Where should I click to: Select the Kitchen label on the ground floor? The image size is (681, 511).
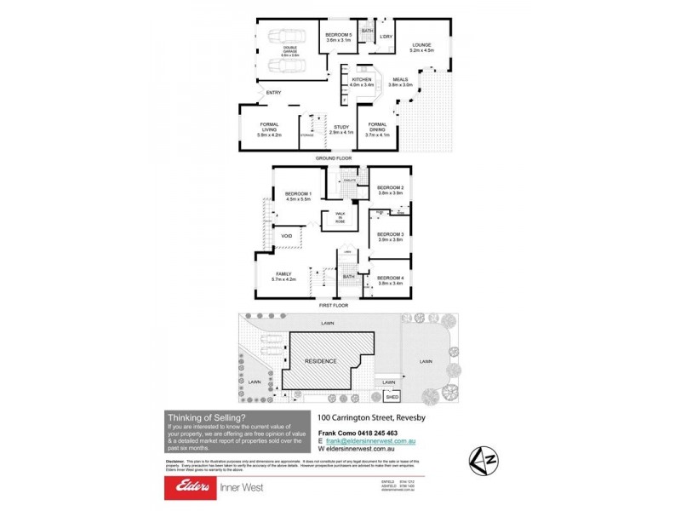362,82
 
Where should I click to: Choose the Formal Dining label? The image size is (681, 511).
377,129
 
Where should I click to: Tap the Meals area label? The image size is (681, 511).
400,82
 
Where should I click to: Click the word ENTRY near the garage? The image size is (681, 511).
273,93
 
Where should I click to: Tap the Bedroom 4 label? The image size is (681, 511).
390,279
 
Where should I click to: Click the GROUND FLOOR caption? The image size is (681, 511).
334,158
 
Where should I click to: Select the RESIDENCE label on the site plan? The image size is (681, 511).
321,361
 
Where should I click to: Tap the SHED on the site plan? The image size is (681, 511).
392,397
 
